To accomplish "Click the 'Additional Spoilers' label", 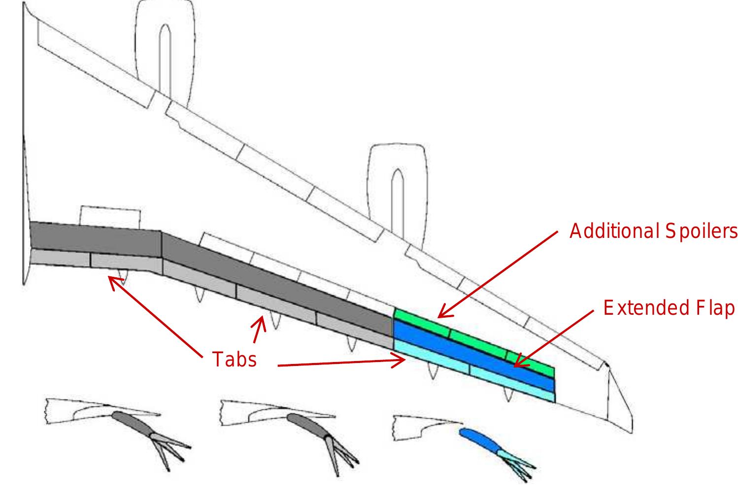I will point(653,231).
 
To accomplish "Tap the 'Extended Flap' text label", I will point(669,308).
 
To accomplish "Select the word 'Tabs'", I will point(235,359).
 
